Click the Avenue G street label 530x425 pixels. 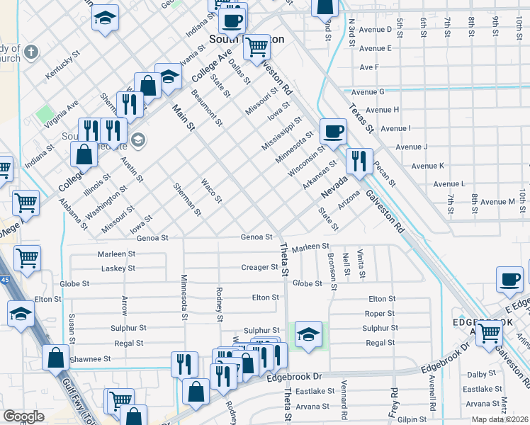(368, 92)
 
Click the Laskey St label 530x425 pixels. (118, 268)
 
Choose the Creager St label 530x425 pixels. (259, 268)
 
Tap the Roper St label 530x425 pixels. (380, 313)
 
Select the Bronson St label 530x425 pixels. (332, 267)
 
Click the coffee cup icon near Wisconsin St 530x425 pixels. (333, 130)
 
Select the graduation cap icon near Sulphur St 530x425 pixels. (308, 334)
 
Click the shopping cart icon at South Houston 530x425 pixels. (256, 47)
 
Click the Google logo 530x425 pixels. (24, 416)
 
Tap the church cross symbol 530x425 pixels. (30, 52)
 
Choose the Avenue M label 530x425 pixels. (497, 203)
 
